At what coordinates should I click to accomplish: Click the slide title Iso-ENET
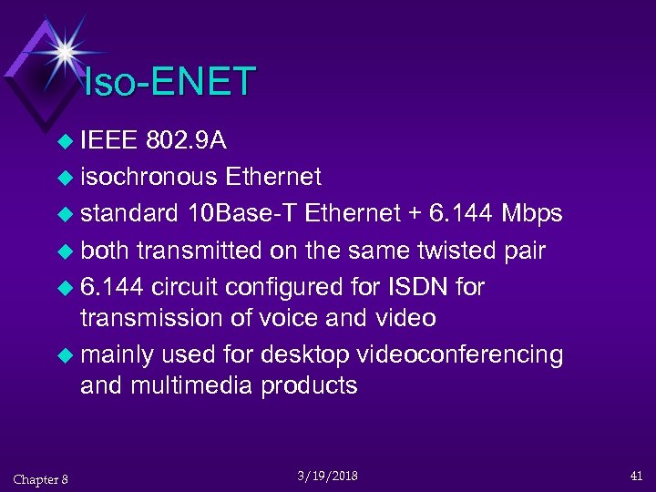click(169, 82)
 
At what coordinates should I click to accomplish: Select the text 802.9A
click(187, 141)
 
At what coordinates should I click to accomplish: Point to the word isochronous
click(149, 176)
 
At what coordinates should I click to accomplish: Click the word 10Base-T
click(241, 213)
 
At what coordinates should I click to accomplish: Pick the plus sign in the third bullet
click(415, 214)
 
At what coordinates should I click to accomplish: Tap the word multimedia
click(192, 385)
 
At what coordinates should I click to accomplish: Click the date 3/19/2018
click(327, 477)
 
